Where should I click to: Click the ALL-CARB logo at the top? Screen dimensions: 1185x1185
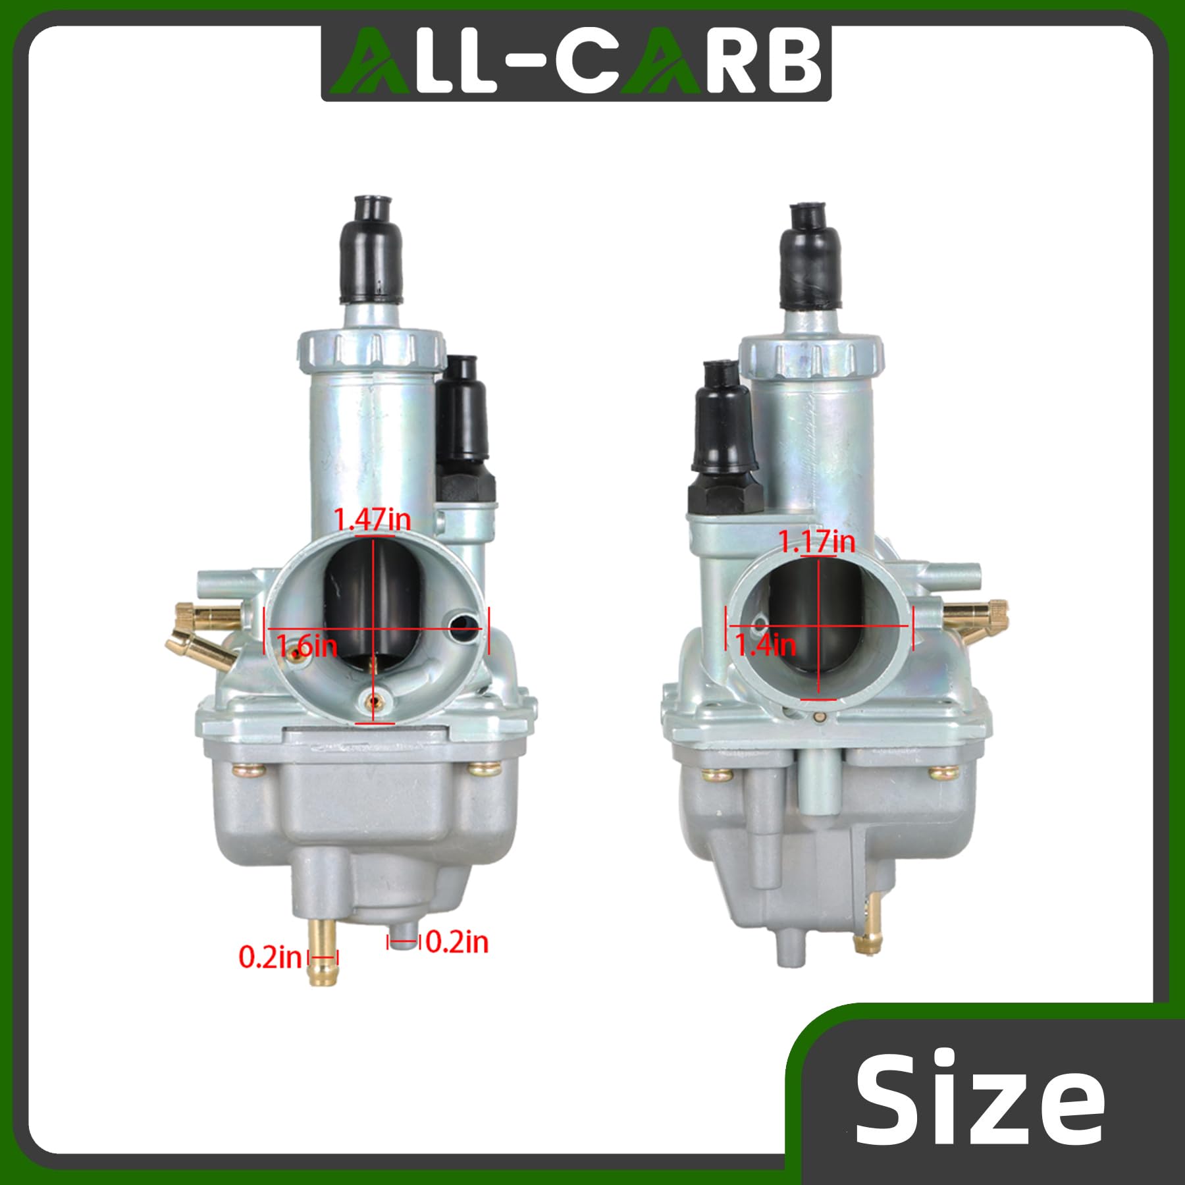coord(576,64)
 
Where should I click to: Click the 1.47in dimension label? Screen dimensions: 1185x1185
coord(373,520)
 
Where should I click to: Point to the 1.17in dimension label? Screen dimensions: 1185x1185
coord(817,542)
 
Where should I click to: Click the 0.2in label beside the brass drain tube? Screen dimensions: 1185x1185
coord(270,957)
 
